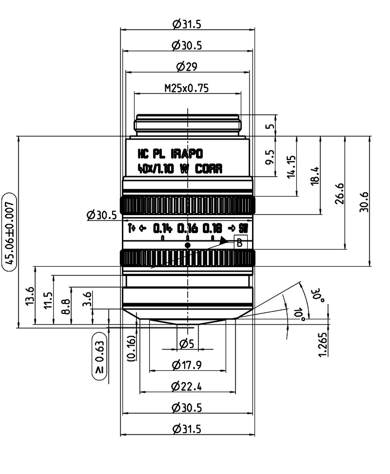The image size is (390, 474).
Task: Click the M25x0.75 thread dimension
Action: [187, 88]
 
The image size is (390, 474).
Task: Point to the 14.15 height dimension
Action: [292, 167]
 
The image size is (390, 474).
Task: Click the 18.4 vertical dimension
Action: [315, 175]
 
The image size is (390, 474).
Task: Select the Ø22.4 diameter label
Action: [187, 387]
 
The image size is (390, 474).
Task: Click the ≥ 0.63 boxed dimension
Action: [99, 356]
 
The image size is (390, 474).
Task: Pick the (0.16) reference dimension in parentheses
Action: [131, 347]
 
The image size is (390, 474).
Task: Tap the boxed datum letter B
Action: [239, 243]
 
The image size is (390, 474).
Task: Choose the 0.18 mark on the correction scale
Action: [213, 228]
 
